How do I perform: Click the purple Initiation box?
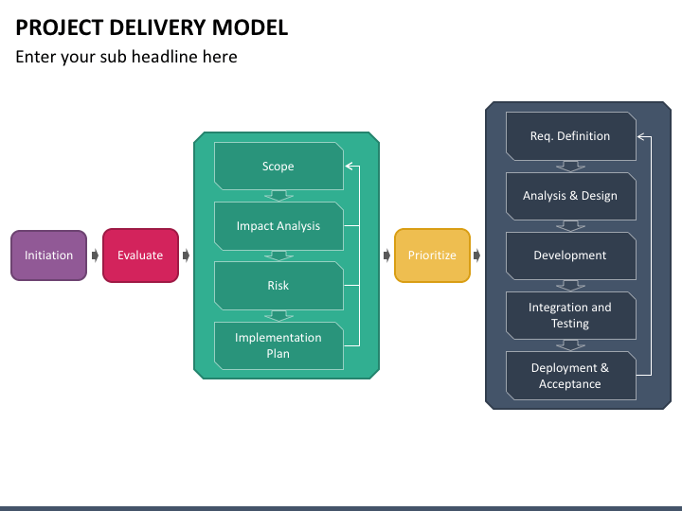click(x=48, y=255)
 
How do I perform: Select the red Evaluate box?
click(x=140, y=255)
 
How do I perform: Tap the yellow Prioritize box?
click(x=432, y=255)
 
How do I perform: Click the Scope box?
click(x=278, y=166)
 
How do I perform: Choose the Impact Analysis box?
click(x=278, y=226)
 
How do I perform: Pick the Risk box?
click(x=278, y=286)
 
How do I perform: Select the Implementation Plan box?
click(x=278, y=345)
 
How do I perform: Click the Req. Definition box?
click(x=570, y=136)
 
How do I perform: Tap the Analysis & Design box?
click(x=570, y=196)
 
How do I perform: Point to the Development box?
click(x=570, y=255)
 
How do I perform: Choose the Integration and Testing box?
click(x=570, y=315)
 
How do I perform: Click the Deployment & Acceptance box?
click(x=570, y=376)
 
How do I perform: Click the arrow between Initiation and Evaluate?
click(x=95, y=255)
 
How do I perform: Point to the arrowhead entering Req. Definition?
click(x=640, y=137)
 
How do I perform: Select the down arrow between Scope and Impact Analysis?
click(x=278, y=196)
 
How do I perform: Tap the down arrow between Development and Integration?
click(x=570, y=286)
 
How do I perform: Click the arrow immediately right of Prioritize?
click(x=476, y=255)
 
